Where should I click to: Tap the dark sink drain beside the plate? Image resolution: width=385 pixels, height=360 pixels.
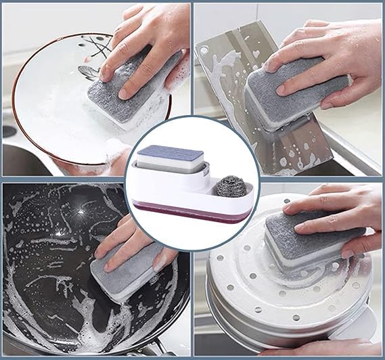pyautogui.click(x=8, y=131)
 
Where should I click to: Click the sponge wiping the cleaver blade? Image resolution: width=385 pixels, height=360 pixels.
pyautogui.click(x=291, y=98)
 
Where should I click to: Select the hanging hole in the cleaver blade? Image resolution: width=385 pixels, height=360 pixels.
pyautogui.click(x=202, y=49)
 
